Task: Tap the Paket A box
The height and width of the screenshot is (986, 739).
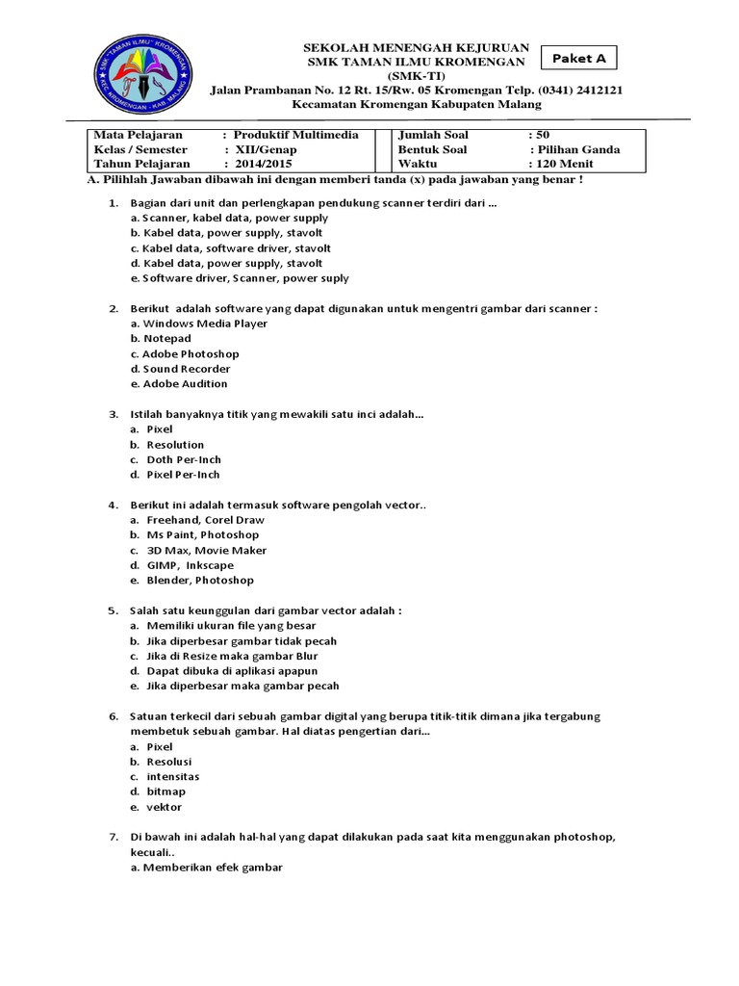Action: (578, 59)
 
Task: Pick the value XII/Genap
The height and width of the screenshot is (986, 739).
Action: (261, 149)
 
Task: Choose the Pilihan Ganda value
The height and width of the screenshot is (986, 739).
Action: (578, 149)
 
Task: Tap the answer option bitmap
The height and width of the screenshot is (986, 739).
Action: (166, 791)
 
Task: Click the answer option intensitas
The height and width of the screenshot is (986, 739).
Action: (173, 776)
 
